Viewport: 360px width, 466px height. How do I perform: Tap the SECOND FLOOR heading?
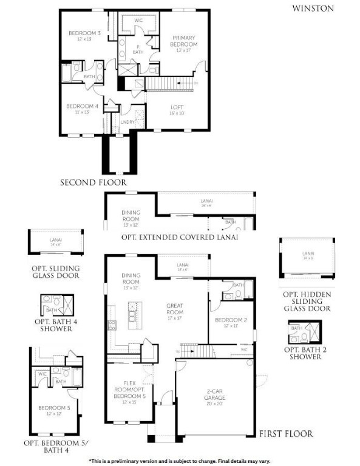(93, 182)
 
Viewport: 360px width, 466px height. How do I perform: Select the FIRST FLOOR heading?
(285, 433)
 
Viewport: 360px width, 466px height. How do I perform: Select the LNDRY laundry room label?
(127, 122)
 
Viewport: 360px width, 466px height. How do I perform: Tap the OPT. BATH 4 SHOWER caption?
(53, 325)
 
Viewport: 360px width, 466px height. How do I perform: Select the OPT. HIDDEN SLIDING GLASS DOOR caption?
(307, 301)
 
